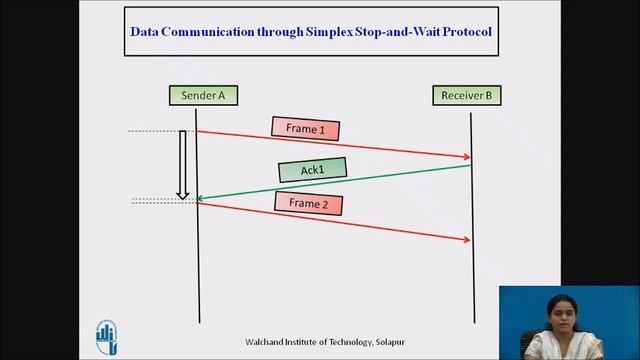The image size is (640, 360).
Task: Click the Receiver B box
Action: (x=467, y=96)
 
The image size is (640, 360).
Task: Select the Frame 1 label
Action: (x=306, y=129)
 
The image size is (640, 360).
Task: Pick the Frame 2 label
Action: (x=308, y=203)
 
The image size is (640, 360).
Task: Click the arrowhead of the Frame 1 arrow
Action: (x=467, y=157)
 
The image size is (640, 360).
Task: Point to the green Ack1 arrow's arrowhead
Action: (x=200, y=199)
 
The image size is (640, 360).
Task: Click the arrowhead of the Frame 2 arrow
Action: (x=467, y=240)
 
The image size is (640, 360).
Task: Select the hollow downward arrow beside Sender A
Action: (x=183, y=164)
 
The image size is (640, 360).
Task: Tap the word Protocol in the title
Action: (x=464, y=31)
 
